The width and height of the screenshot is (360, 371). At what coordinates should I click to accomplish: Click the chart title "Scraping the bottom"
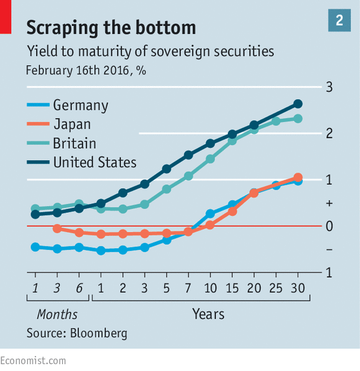point(111,28)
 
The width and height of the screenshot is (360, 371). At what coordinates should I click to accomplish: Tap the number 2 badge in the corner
point(339,20)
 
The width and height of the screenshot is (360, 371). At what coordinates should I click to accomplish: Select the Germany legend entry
point(68,105)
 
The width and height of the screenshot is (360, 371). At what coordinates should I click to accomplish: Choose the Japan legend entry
point(59,124)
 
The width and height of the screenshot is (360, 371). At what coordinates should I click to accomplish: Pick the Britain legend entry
point(61,143)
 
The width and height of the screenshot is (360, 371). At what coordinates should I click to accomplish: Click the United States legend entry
point(82,163)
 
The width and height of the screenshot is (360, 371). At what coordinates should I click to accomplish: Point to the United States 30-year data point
point(298,104)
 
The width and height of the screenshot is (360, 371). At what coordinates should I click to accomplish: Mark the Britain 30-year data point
point(298,118)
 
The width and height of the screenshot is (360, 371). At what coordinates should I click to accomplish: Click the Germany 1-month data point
point(35,247)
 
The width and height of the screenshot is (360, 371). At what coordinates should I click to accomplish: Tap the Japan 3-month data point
point(57,228)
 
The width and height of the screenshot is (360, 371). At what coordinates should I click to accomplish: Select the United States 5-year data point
point(166,169)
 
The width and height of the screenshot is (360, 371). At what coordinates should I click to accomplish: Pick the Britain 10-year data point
point(210,159)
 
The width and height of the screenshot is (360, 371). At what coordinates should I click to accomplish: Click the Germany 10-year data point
point(210,213)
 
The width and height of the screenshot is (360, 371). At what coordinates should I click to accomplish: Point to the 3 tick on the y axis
point(329,87)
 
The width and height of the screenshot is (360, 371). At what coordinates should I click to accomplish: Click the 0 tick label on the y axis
point(329,226)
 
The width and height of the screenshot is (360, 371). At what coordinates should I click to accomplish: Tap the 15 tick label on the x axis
point(232,288)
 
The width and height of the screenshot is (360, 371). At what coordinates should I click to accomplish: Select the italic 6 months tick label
point(79,288)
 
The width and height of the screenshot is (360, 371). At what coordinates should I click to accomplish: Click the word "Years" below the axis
point(209,314)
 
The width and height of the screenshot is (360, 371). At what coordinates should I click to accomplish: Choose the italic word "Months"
point(57,315)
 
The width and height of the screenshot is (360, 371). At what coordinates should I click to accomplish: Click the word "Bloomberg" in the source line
point(99,333)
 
